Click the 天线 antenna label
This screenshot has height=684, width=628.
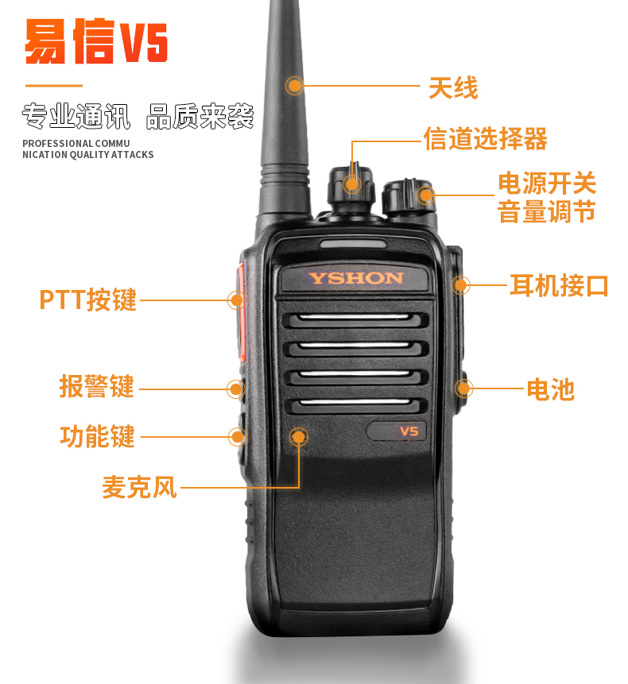453,87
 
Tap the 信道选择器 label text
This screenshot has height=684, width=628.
485,139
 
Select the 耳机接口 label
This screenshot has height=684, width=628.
559,286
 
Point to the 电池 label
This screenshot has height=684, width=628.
550,389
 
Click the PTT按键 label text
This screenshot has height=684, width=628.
88,299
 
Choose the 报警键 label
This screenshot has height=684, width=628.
96,386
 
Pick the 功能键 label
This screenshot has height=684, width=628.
97,436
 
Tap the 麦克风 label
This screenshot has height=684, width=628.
139,487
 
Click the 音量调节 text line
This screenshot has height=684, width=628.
546,211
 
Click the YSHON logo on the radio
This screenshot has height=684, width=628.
355,278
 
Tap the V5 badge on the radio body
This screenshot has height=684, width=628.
409,431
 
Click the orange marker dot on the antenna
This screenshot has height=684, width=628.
295,86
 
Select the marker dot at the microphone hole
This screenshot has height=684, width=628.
299,437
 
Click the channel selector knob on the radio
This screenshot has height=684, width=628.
351,187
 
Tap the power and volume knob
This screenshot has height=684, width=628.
409,198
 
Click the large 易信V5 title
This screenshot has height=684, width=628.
96,41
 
